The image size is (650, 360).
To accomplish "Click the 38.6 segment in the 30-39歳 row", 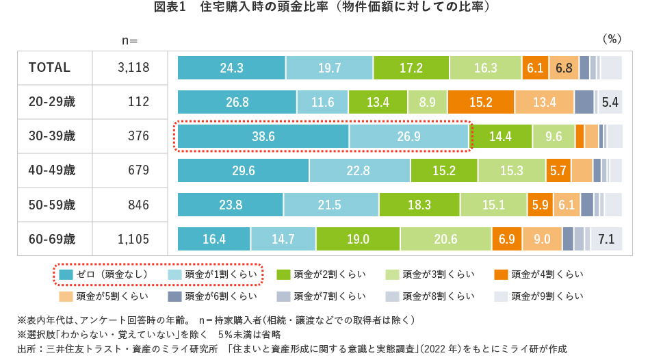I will [x=263, y=136].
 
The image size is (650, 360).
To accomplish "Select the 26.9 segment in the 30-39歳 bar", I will [x=408, y=136].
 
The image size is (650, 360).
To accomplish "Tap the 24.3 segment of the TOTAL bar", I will [x=231, y=68].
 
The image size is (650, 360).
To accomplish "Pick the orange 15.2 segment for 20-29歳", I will [x=481, y=102].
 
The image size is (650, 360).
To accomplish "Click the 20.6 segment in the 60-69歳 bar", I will [x=445, y=239].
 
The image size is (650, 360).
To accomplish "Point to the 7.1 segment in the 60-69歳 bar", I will [x=606, y=239].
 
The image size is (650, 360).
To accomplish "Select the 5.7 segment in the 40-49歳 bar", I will [x=558, y=170].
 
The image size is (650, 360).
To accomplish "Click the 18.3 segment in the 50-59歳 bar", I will [x=419, y=205].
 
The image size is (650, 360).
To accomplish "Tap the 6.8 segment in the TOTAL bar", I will [x=564, y=68].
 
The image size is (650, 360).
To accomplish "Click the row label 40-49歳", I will [x=52, y=170].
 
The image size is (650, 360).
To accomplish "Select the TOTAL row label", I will [x=49, y=68].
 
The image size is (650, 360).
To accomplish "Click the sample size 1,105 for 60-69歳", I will [x=133, y=239].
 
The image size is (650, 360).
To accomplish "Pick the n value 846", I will [x=138, y=205].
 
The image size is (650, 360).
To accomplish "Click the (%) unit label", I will [x=611, y=39].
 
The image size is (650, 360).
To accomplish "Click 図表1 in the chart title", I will [x=171, y=8].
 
